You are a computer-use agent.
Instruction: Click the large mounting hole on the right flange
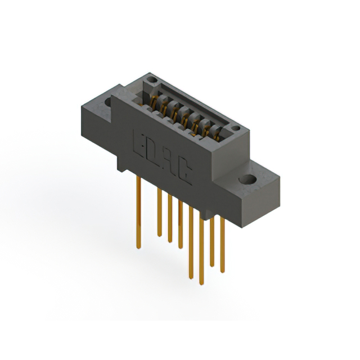[247, 181]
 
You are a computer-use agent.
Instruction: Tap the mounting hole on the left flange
[109, 102]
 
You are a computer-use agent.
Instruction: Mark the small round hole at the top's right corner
[236, 128]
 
